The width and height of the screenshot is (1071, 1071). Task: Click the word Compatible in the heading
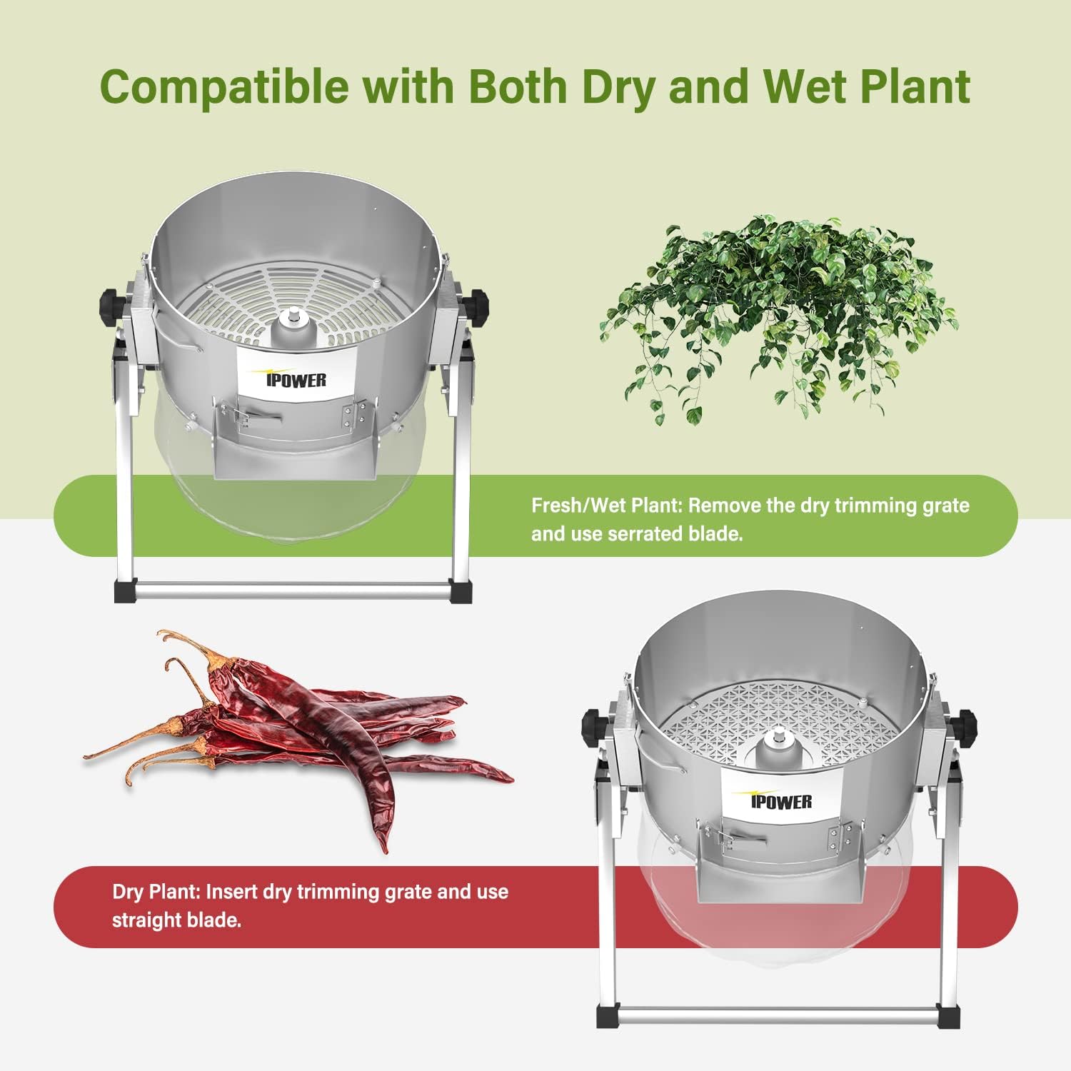pyautogui.click(x=224, y=86)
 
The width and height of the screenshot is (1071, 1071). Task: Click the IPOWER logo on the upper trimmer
pyautogui.click(x=296, y=379)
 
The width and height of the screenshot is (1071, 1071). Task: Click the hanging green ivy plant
pyautogui.click(x=778, y=314)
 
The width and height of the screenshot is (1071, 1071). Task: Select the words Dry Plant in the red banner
pyautogui.click(x=156, y=892)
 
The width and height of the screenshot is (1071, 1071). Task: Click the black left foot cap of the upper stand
pyautogui.click(x=124, y=592)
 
